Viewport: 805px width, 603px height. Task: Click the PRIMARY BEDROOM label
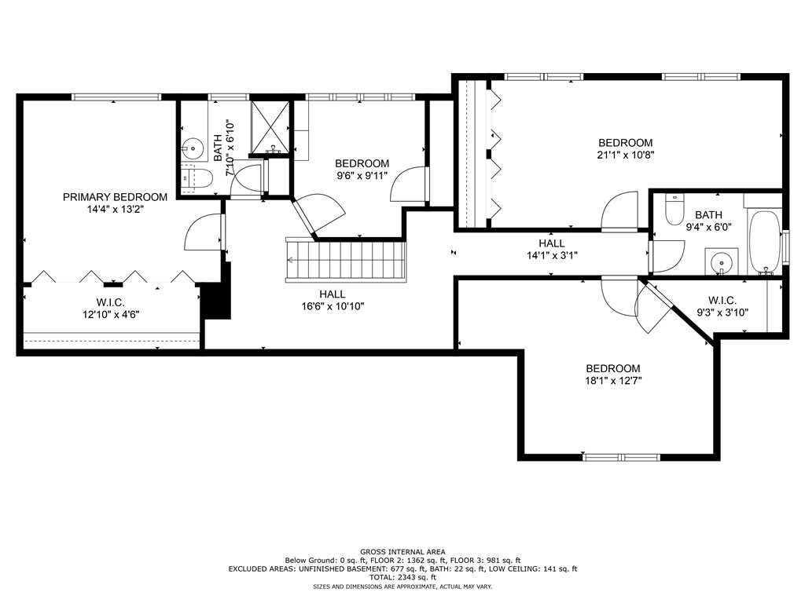coord(115,197)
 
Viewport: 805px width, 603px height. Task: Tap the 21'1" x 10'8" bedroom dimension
coord(625,155)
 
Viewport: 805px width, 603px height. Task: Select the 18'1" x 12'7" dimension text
coord(613,381)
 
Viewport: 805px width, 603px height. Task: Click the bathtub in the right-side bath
coord(764,243)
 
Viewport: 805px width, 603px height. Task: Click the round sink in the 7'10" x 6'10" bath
coord(193,148)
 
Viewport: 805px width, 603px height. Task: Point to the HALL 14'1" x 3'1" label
coord(552,249)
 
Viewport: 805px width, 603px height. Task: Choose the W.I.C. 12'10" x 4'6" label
coord(111,309)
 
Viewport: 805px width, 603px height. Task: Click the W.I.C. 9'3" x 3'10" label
coord(722,306)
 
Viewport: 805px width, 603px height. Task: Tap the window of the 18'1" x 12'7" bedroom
coord(622,457)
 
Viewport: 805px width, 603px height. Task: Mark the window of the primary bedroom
coord(116,97)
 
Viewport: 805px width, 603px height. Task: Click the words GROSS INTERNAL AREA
coord(402,552)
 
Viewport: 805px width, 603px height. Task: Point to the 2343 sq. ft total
coord(417,577)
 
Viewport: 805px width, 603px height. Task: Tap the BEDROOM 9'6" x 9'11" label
coord(362,170)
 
